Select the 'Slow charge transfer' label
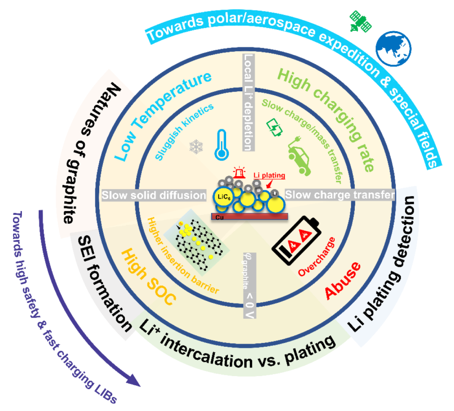[340, 195]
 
